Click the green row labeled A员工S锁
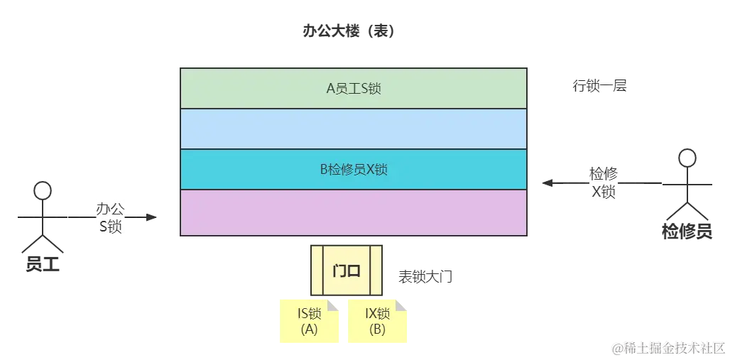353,88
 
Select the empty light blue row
353,129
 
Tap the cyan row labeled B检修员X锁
353,169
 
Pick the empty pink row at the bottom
353,212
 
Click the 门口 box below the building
347,270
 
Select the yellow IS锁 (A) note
309,321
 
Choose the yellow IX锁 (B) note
377,321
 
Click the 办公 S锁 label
110,217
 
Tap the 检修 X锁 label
603,182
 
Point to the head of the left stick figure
43,190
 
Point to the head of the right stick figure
687,158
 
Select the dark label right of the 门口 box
425,275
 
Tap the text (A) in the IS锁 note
309,329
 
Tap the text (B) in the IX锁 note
377,329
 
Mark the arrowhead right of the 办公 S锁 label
148,213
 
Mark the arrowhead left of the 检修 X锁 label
548,182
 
